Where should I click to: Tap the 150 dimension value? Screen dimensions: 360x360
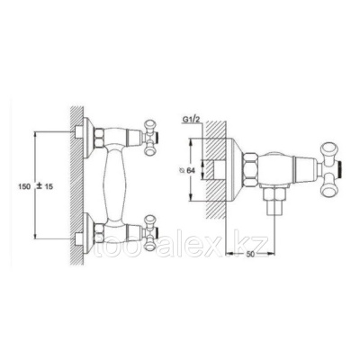click(25, 186)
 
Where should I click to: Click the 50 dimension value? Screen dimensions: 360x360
click(250, 254)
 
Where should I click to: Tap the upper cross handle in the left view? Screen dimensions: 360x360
click(151, 138)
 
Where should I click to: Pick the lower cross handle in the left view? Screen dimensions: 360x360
click(151, 232)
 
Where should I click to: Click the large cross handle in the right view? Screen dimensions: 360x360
click(330, 170)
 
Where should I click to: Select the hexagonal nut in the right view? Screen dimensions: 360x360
click(251, 170)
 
